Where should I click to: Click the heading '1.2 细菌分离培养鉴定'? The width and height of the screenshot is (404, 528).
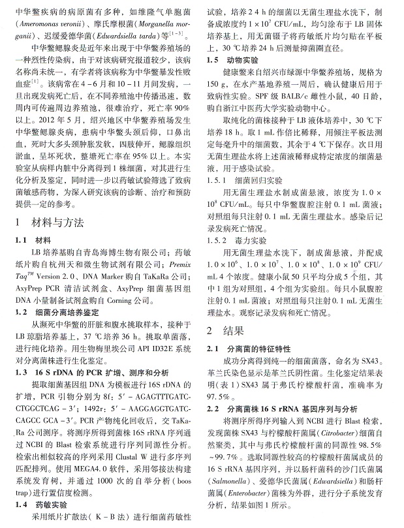click(51, 312)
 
